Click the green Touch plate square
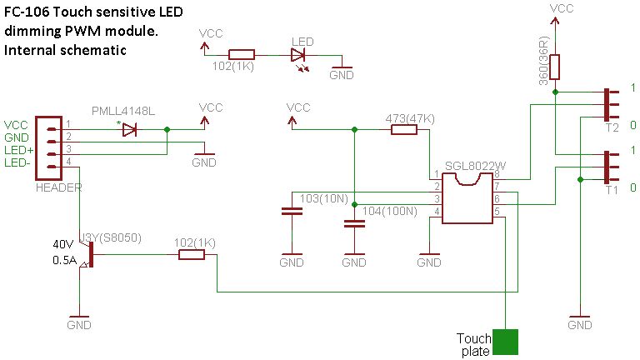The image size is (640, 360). pyautogui.click(x=505, y=343)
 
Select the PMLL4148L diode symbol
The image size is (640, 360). pyautogui.click(x=128, y=130)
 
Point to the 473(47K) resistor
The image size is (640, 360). pyautogui.click(x=404, y=129)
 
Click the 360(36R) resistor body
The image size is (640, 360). pyautogui.click(x=555, y=67)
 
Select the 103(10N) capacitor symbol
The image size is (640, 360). pyautogui.click(x=292, y=213)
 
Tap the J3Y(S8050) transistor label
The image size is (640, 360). pyautogui.click(x=109, y=237)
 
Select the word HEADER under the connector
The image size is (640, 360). pyautogui.click(x=59, y=188)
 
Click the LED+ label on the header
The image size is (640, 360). pyautogui.click(x=18, y=148)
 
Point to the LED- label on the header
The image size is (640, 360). pyautogui.click(x=18, y=161)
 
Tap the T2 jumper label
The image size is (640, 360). pyautogui.click(x=612, y=128)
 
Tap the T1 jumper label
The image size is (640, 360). pyautogui.click(x=612, y=191)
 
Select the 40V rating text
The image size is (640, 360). pyautogui.click(x=63, y=244)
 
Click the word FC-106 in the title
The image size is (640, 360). pyautogui.click(x=26, y=14)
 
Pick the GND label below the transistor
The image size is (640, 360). pyautogui.click(x=78, y=325)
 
